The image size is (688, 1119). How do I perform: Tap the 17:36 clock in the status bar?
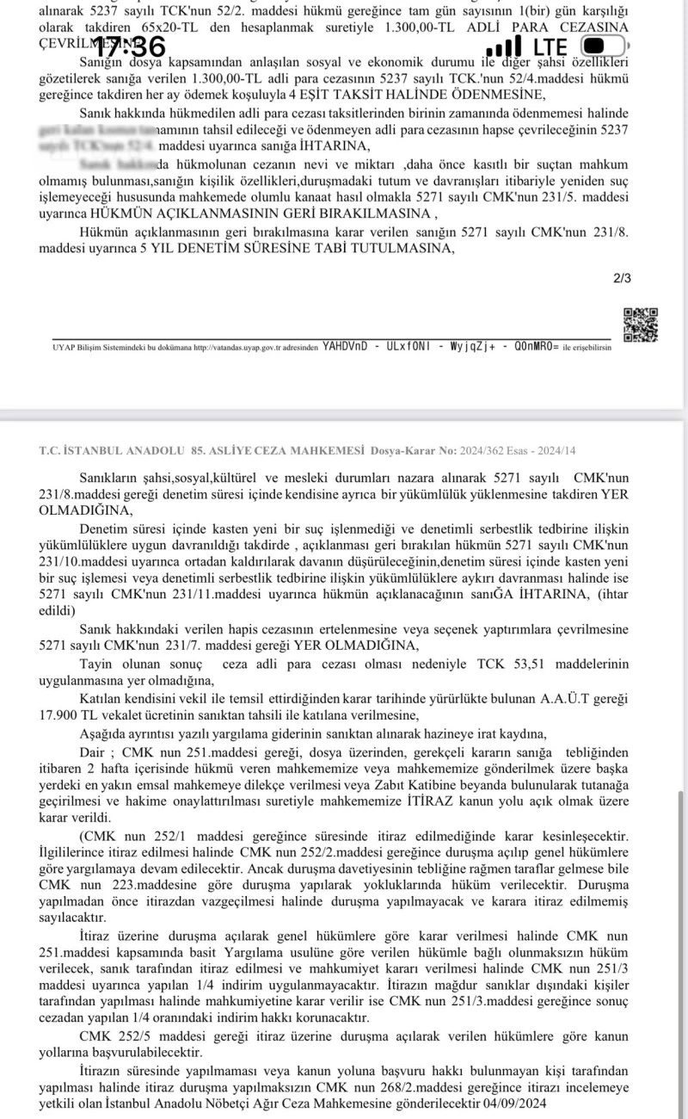pos(129,46)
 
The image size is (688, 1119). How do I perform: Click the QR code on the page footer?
pos(640,325)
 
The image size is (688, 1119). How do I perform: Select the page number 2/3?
pos(622,278)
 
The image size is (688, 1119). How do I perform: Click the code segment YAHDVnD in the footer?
pos(345,347)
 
